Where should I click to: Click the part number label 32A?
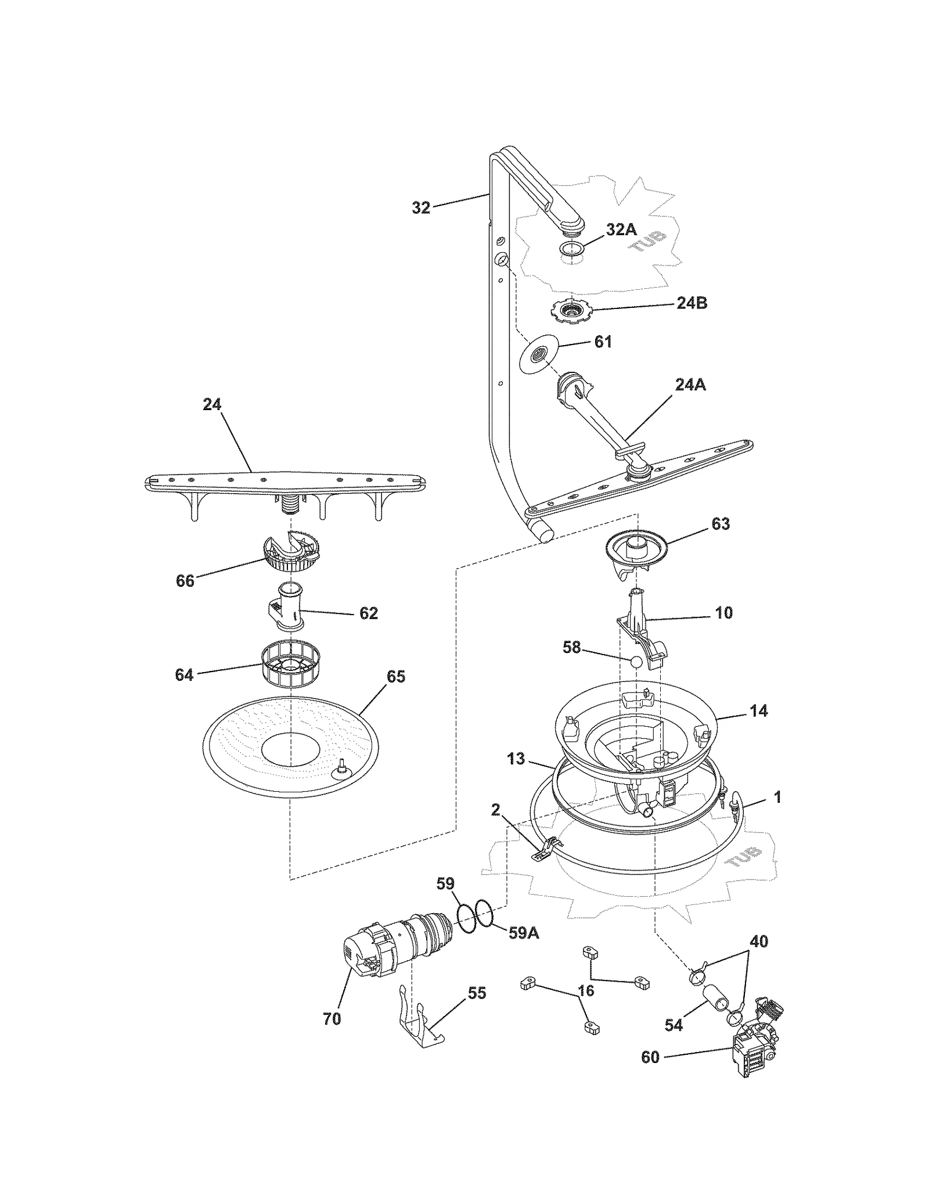pyautogui.click(x=621, y=229)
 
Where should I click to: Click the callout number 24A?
pyautogui.click(x=690, y=385)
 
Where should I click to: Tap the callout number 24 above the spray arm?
pyautogui.click(x=212, y=404)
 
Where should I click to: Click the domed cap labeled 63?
pyautogui.click(x=636, y=550)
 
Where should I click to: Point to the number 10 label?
pyautogui.click(x=723, y=613)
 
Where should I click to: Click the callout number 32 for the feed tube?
pyautogui.click(x=421, y=207)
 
